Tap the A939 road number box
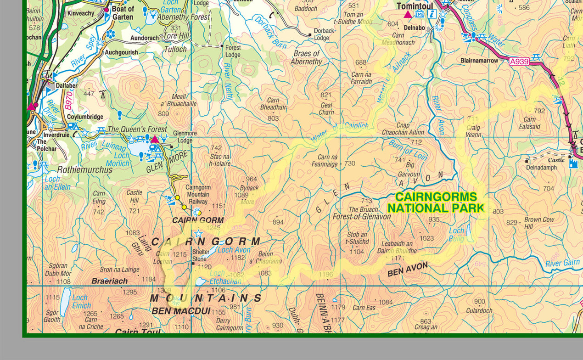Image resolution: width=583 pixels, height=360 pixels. pos(519,61)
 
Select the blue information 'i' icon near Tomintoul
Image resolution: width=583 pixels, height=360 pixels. pos(432,14)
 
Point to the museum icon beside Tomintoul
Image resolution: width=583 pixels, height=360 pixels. pos(419,14)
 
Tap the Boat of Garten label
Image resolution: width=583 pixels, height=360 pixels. pos(123,13)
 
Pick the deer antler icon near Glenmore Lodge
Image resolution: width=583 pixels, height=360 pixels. pos(164,138)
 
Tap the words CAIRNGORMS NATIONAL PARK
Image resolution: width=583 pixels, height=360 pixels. pos(436,202)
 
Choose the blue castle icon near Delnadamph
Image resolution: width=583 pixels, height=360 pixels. pos(573,163)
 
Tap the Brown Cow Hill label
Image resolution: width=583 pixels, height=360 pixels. pos(539,223)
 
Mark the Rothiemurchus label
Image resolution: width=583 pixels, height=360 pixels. pos(84,170)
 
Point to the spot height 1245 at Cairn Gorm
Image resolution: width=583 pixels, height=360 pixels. pos(213,227)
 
